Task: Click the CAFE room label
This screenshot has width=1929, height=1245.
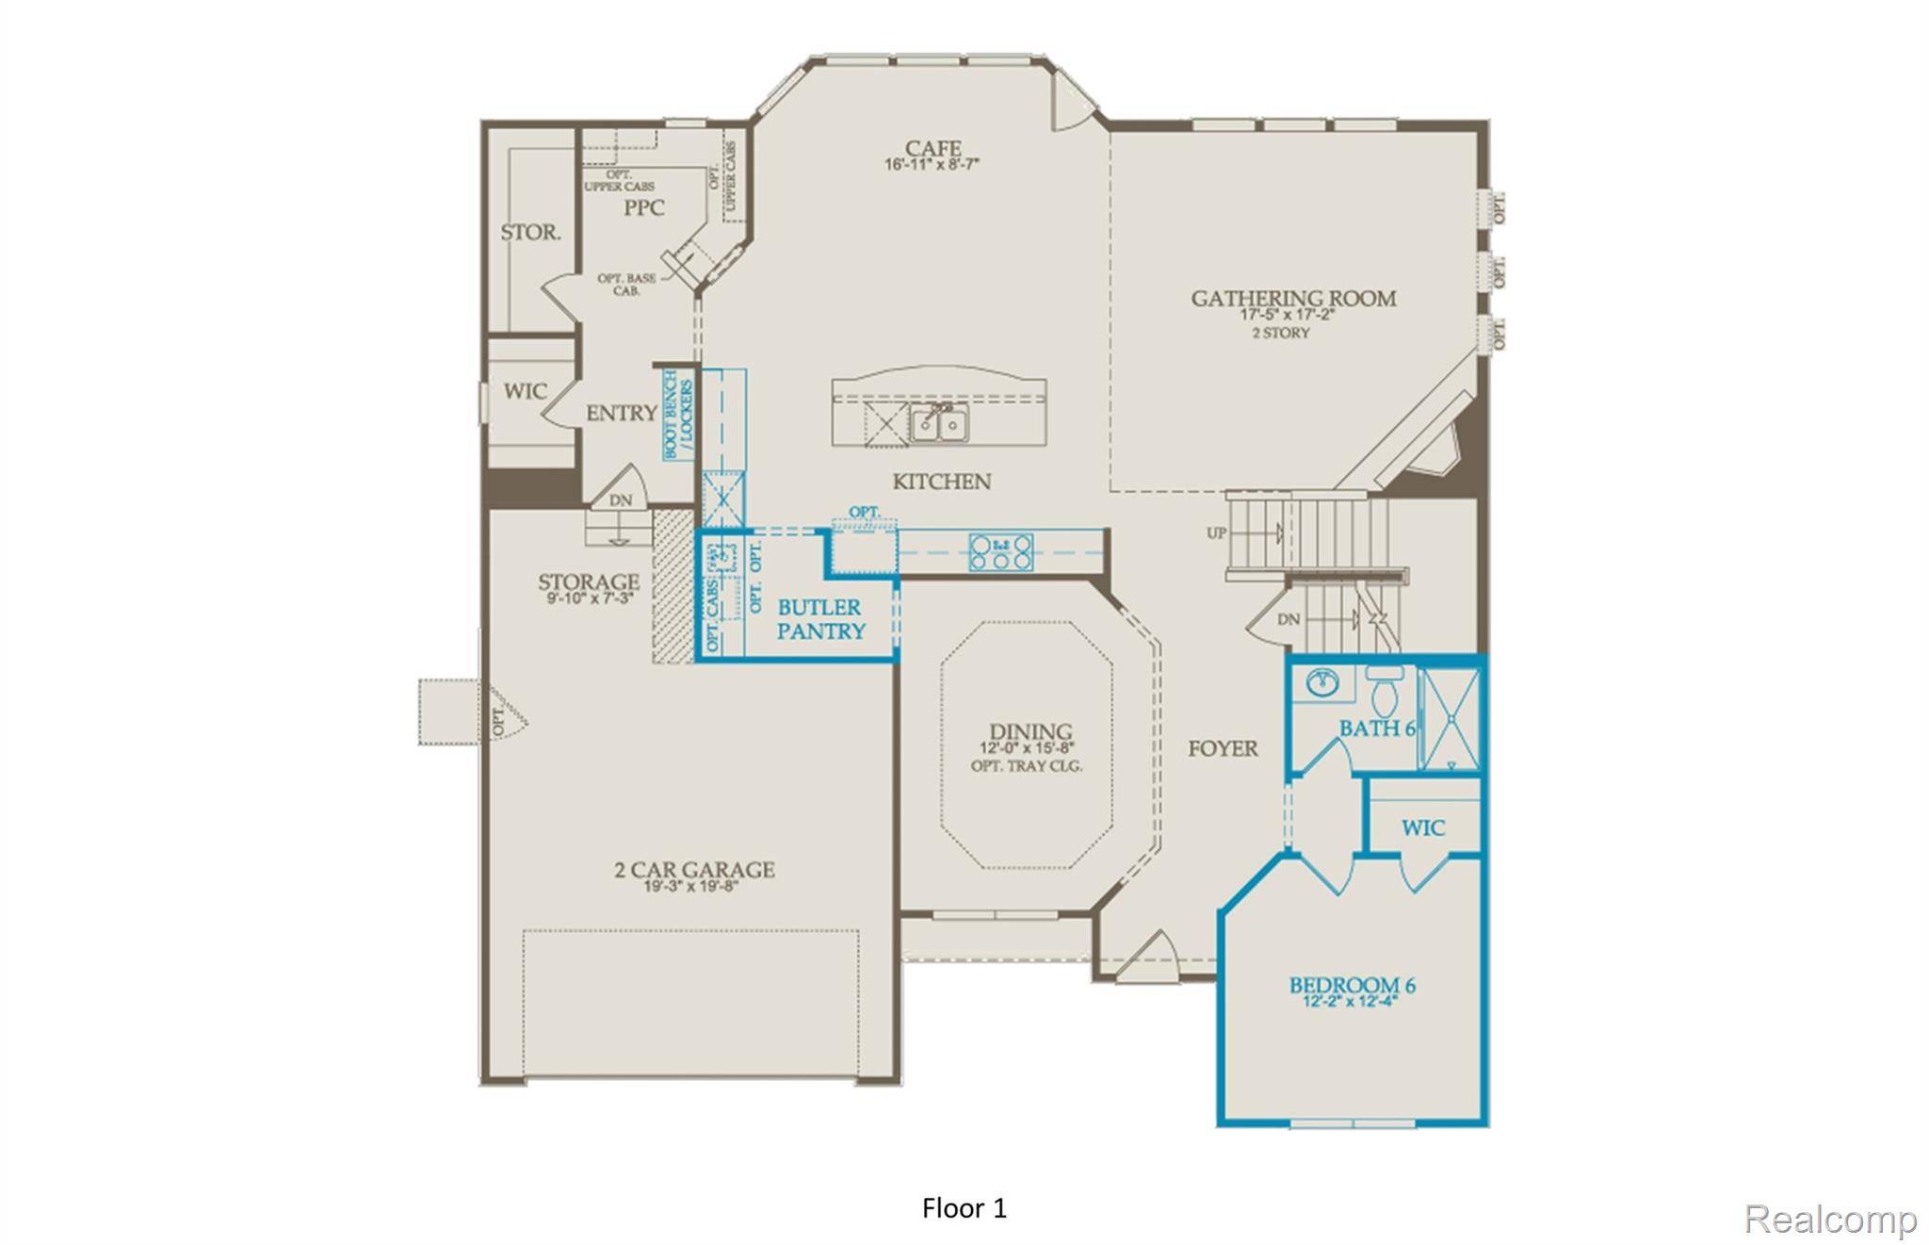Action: coord(932,149)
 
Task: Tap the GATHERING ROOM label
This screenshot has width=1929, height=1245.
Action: coord(1292,299)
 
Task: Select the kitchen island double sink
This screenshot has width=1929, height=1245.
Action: coord(939,423)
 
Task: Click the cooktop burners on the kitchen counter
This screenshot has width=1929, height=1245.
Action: coord(1001,551)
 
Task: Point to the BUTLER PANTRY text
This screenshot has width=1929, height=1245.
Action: coord(820,619)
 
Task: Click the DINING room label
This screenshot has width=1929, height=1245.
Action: coord(1029,731)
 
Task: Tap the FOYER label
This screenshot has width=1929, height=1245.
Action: coord(1222,748)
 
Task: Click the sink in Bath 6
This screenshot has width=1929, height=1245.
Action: coord(1323,681)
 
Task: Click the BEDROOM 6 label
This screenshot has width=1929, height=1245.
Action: coord(1352,986)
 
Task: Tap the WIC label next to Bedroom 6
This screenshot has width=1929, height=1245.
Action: coord(1422,828)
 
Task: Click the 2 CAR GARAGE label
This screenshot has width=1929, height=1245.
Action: coord(694,869)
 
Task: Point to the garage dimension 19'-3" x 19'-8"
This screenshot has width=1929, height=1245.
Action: coord(690,887)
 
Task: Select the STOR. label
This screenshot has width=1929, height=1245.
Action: coord(530,232)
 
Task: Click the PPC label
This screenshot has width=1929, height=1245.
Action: coord(644,208)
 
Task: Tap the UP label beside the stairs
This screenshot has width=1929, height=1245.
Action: coord(1216,532)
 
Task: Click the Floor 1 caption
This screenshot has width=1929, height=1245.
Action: coord(964,1208)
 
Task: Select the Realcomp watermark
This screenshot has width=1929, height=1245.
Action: coord(1829,1219)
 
